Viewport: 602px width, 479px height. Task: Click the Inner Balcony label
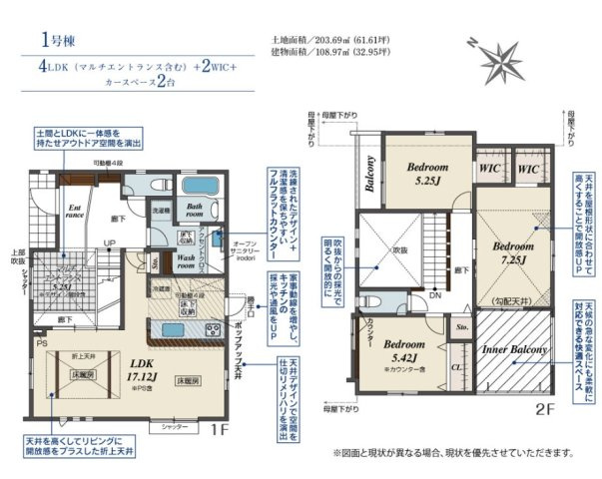[514, 350]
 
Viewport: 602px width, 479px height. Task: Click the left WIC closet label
[490, 171]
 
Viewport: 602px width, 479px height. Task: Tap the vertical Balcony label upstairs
[368, 176]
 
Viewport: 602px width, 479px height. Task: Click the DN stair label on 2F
[436, 295]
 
